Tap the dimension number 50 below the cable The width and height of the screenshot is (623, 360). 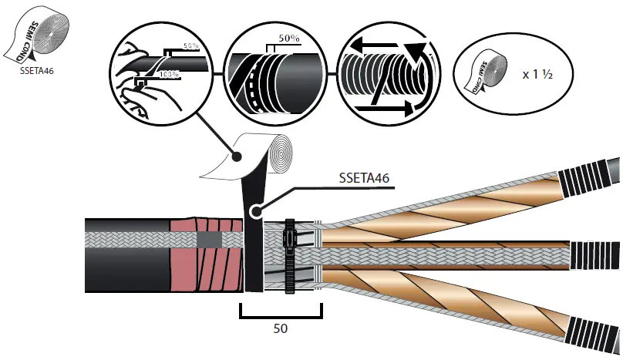[281, 328]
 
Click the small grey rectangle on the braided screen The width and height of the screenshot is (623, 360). [207, 241]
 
